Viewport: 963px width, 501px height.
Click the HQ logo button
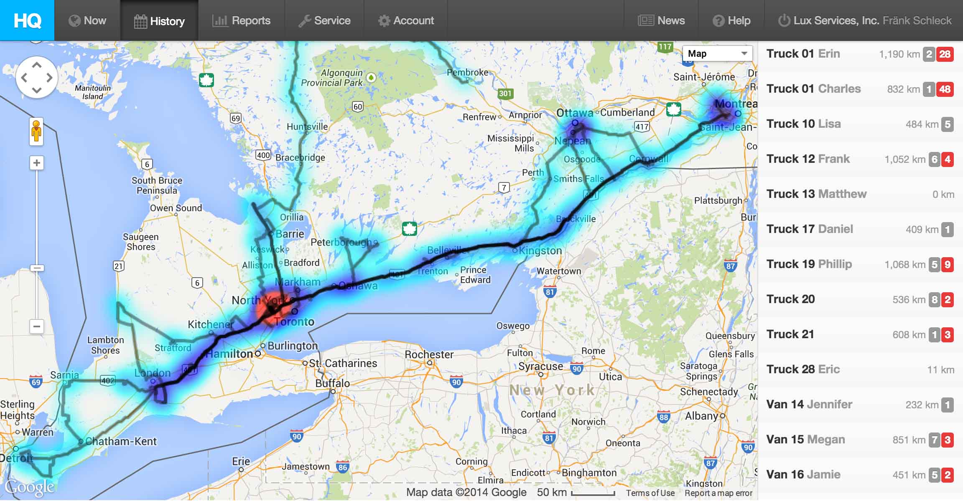(27, 20)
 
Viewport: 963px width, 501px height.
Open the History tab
(159, 21)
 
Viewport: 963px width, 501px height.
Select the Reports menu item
(241, 20)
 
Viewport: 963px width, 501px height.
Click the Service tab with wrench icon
(324, 20)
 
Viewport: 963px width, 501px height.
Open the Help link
(731, 20)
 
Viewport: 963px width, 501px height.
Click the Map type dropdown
(717, 53)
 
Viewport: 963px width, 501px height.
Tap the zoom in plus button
(37, 163)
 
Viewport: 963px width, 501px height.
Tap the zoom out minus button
(37, 326)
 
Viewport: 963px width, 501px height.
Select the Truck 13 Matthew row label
(816, 194)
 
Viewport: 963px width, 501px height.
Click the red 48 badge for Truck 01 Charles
(945, 89)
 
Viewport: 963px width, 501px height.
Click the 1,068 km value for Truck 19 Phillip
(904, 264)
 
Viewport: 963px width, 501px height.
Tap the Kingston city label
(540, 250)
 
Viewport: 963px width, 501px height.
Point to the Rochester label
(429, 354)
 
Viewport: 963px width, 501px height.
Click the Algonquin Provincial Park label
(332, 78)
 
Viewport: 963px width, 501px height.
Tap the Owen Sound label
(176, 208)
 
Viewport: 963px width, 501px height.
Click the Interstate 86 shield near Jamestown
(343, 467)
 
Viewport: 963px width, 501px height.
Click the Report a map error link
(718, 493)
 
